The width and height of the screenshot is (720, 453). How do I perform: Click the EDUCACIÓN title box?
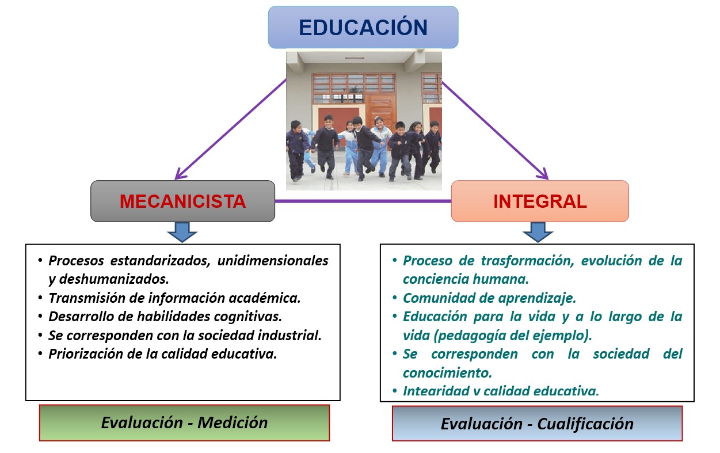[x=363, y=27]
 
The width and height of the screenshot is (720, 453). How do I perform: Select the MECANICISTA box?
[x=182, y=201]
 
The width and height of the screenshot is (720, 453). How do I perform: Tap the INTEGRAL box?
[x=540, y=201]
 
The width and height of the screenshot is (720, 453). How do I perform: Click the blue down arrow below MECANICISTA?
[x=182, y=232]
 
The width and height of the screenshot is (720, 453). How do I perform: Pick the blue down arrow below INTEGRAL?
[x=538, y=232]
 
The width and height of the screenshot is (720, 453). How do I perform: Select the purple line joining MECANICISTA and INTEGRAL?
[x=363, y=201]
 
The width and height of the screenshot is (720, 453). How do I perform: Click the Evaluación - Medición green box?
[x=185, y=422]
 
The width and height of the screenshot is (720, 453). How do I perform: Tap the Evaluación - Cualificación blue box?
[x=537, y=424]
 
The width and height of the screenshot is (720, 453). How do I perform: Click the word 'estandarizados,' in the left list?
[x=161, y=261]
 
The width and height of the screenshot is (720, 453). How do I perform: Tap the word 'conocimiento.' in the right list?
[x=447, y=373]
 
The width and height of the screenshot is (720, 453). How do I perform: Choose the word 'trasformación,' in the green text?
[x=527, y=261]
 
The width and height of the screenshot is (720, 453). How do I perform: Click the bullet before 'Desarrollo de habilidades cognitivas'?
[x=40, y=316]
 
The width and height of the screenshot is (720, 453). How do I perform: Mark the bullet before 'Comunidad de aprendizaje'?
[x=395, y=298]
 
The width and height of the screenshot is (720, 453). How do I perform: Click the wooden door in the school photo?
[x=380, y=111]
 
